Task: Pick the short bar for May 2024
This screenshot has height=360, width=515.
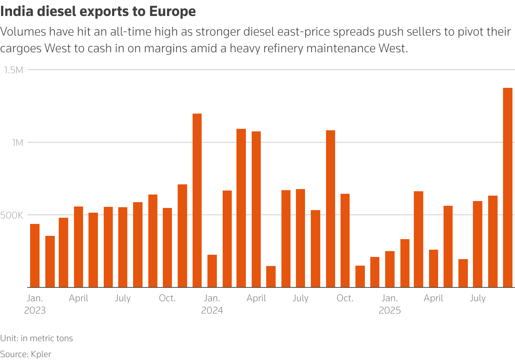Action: [271, 277]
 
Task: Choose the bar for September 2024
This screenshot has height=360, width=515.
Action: [330, 209]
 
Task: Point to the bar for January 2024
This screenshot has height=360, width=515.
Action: [212, 271]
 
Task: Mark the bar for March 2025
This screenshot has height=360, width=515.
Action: [419, 239]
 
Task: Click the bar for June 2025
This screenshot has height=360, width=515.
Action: [463, 273]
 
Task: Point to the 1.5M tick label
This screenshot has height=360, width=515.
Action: [13, 70]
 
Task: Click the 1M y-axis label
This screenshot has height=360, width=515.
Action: [17, 143]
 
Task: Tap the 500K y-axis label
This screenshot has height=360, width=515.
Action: [12, 215]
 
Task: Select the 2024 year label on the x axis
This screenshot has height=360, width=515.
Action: [212, 311]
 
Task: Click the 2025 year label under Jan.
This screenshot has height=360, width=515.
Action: [390, 311]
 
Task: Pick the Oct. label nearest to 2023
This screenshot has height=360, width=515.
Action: [167, 298]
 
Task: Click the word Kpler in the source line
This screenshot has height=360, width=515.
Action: [41, 354]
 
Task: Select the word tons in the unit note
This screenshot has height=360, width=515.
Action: [64, 338]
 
